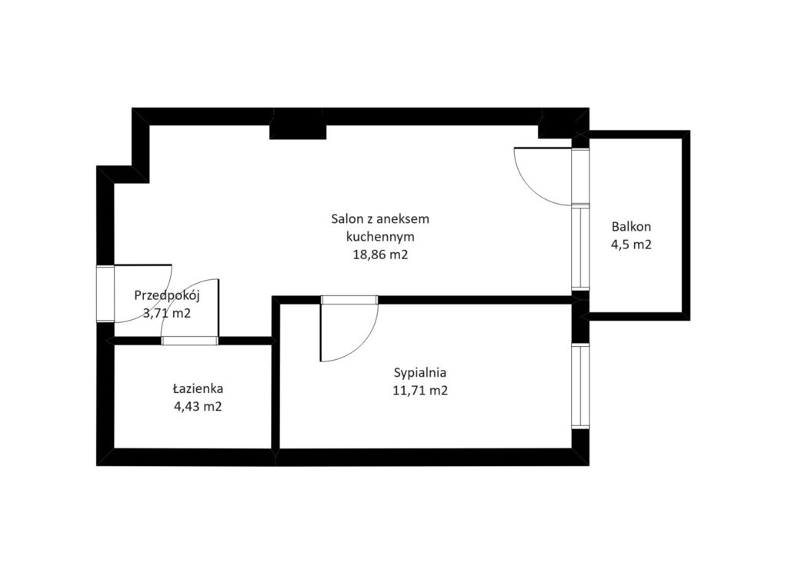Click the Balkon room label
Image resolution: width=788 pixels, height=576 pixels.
point(631,227)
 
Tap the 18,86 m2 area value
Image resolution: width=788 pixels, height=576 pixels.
point(380,255)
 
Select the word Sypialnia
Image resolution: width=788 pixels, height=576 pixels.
point(420,373)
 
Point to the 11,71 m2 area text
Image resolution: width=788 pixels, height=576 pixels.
point(420,390)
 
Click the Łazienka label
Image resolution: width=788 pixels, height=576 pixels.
point(198,388)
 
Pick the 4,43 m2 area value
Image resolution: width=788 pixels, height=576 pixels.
point(198,406)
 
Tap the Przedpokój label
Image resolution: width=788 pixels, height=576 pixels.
point(167,296)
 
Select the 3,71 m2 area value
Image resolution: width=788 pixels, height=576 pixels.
point(167,314)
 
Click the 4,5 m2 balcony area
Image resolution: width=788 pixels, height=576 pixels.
point(631,245)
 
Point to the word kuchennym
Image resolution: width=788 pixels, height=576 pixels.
point(380,237)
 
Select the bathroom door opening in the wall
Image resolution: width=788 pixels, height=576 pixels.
point(190,341)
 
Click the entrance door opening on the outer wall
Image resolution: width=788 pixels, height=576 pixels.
point(105,294)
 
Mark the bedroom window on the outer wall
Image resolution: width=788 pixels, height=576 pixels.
point(580,386)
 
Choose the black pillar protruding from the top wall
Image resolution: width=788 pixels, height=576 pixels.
point(298,131)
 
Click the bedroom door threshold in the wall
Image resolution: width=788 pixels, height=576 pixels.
point(350,300)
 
